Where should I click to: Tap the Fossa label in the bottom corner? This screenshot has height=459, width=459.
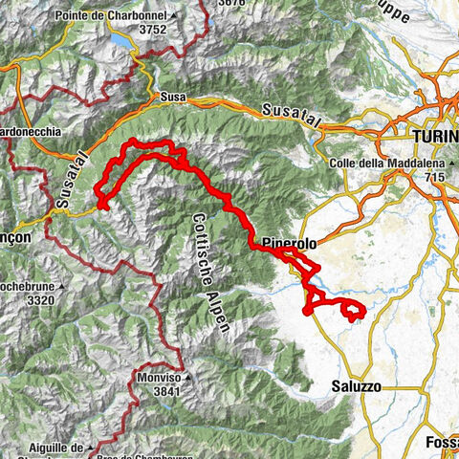(441, 443)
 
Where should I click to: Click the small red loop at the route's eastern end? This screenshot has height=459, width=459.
(353, 310)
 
